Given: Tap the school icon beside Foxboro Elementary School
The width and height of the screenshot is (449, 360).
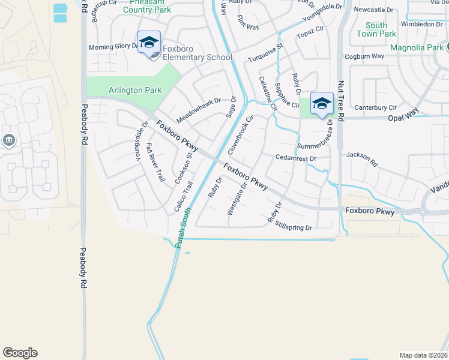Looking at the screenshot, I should tap(149, 43).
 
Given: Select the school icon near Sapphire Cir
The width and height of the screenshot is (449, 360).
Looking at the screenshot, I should tap(322, 103).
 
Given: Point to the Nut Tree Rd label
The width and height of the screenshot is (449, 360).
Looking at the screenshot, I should tap(341, 101).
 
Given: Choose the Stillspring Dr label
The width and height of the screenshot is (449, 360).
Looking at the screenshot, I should tap(294, 227).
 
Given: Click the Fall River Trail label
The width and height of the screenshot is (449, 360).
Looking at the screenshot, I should tap(154, 162).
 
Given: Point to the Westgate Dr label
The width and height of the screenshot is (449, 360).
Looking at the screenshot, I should tap(238, 199).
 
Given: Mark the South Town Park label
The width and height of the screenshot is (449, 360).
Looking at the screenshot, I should tap(376, 29).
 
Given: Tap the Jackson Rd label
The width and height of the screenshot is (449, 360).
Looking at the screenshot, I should tap(363, 158).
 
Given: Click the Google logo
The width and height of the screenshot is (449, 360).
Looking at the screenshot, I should tap(20, 353).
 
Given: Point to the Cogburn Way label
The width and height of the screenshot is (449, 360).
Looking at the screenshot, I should tap(364, 56).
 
